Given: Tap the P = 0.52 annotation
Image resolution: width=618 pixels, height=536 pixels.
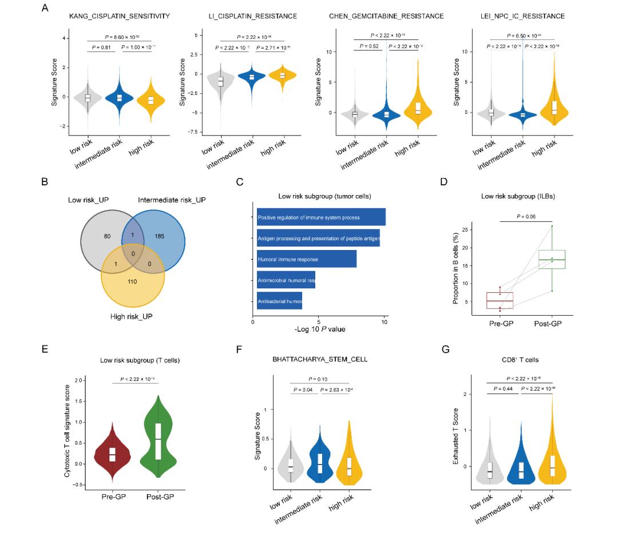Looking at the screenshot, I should click(365, 46).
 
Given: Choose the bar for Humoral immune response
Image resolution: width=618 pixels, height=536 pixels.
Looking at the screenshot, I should click(307, 259).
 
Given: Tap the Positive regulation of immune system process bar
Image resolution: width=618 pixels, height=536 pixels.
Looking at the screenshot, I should click(321, 217).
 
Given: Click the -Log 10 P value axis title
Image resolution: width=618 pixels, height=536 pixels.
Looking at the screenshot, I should click(320, 329).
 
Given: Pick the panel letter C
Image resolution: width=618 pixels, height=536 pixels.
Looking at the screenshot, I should click(240, 182).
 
